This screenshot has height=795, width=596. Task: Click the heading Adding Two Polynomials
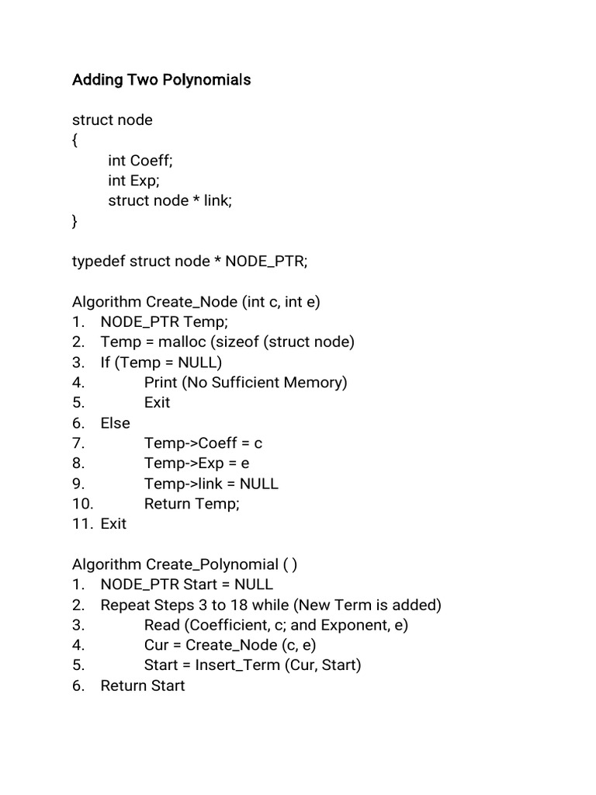[161, 80]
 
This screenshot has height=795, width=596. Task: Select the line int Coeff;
[140, 160]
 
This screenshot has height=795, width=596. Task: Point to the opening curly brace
[74, 140]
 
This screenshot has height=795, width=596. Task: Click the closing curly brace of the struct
[74, 220]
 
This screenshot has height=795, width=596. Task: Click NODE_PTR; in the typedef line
[266, 261]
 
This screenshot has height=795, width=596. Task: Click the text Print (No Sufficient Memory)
[245, 382]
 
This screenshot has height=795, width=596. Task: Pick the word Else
[116, 422]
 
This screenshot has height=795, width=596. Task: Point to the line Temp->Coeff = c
[203, 443]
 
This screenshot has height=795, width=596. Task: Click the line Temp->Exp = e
[196, 463]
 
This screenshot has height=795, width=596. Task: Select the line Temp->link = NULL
[211, 483]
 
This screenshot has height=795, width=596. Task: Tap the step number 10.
[82, 503]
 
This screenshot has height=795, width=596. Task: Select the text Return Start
[143, 685]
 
